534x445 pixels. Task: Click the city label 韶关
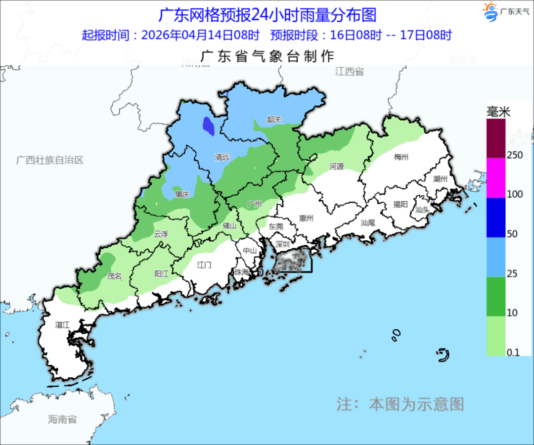pos(274,119)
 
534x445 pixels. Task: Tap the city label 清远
pos(222,157)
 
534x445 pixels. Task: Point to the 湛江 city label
pos(63,325)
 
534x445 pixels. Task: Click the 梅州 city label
pos(401,157)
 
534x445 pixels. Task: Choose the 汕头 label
pos(423,209)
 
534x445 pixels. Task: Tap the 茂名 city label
pos(114,276)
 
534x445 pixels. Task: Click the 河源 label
pos(336,167)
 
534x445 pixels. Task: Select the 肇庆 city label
pos(182,195)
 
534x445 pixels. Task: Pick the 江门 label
pos(204,265)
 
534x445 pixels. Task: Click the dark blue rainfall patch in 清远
pos(209,126)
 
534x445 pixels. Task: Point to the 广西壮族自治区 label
pos(49,160)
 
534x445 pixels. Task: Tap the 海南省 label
pos(62,419)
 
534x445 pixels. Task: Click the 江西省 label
pos(349,72)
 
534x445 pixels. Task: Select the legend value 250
pos(515,155)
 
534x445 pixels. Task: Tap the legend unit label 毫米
pos(498,111)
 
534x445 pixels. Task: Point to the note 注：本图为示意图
pos(400,403)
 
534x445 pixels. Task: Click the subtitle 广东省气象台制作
pos(267,55)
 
